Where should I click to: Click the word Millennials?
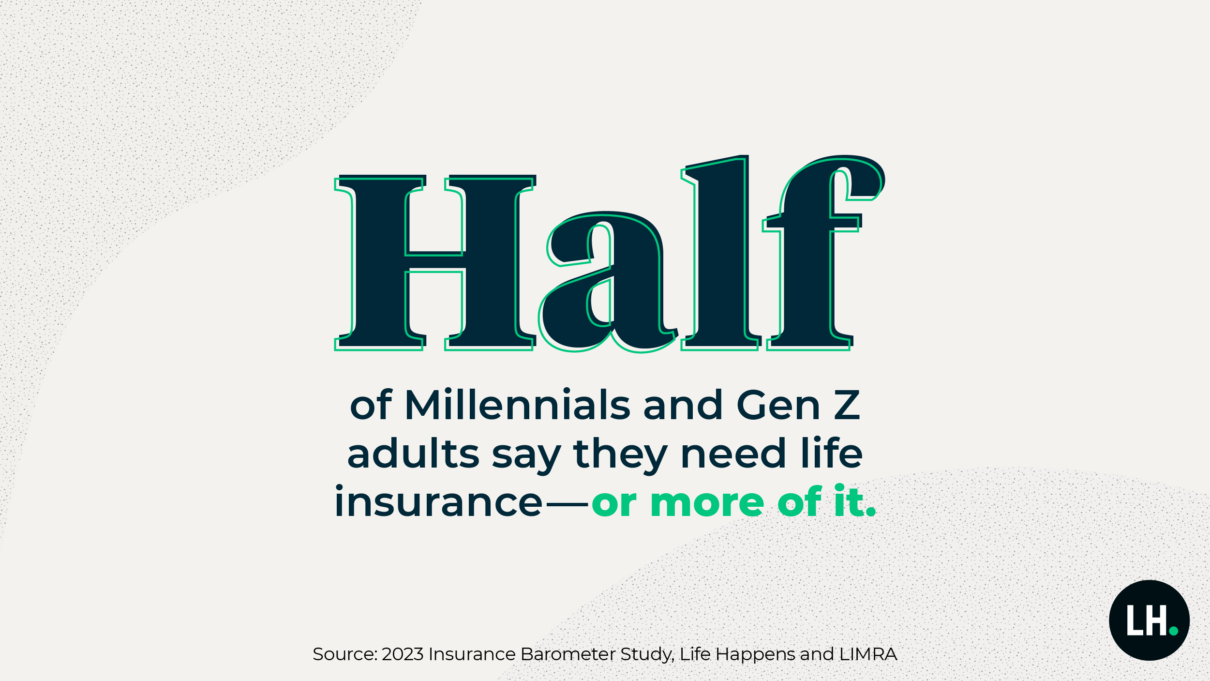coord(517,405)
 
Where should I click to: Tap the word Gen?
coord(777,405)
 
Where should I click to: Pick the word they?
coord(621,455)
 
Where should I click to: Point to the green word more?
coord(707,503)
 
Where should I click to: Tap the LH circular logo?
coord(1150,620)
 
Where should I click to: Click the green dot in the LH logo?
coord(1173,631)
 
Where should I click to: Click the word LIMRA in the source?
coord(868,654)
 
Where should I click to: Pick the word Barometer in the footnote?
coord(568,654)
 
